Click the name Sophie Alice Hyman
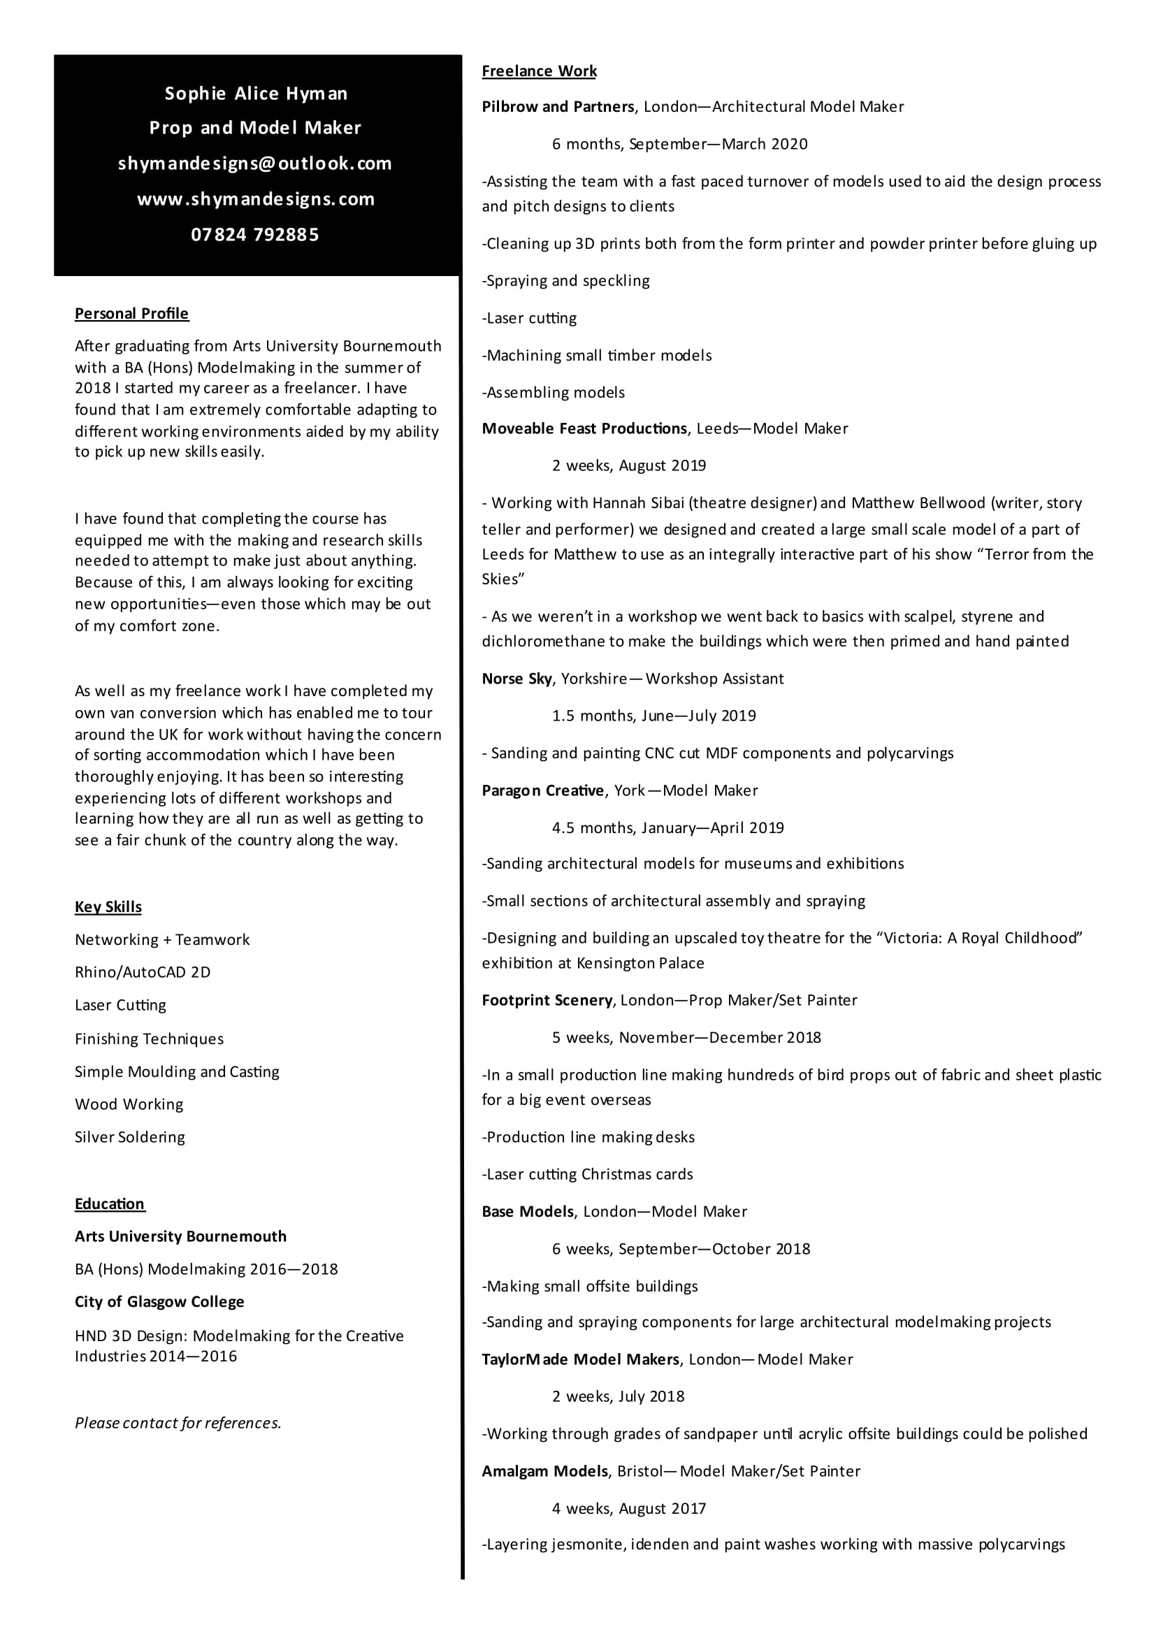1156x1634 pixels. click(256, 93)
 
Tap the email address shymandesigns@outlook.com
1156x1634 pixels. click(255, 164)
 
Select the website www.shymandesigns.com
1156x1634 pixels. click(256, 199)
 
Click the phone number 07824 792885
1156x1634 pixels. click(255, 235)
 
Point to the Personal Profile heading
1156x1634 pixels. click(131, 314)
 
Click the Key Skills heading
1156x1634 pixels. click(108, 906)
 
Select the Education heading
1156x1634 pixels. click(110, 1203)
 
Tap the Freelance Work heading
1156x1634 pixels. click(539, 71)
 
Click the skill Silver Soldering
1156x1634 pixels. click(129, 1136)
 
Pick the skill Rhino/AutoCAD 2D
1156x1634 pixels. click(143, 972)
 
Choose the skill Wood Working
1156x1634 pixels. click(129, 1104)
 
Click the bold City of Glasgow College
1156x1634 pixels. click(159, 1301)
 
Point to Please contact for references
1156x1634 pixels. click(178, 1423)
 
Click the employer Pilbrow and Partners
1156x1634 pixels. click(557, 107)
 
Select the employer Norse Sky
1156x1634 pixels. click(516, 679)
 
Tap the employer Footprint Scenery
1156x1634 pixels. click(547, 1000)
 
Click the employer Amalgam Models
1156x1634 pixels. click(545, 1471)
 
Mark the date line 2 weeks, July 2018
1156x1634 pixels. click(618, 1396)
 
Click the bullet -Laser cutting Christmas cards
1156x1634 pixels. click(587, 1174)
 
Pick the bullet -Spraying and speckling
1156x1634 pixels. click(566, 281)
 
